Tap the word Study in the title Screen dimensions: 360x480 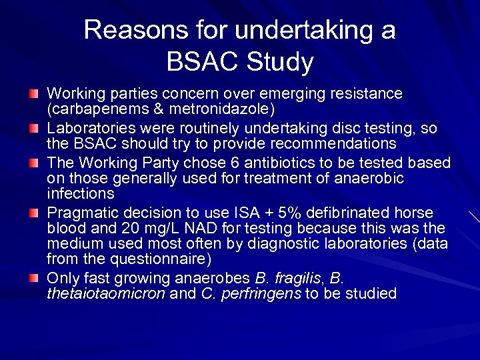(280, 62)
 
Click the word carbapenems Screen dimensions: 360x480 (97, 108)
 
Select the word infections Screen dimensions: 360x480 (80, 194)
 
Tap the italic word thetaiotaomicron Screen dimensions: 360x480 (105, 293)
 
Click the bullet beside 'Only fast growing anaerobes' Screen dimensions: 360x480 (34, 276)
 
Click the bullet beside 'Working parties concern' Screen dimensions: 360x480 (34, 92)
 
